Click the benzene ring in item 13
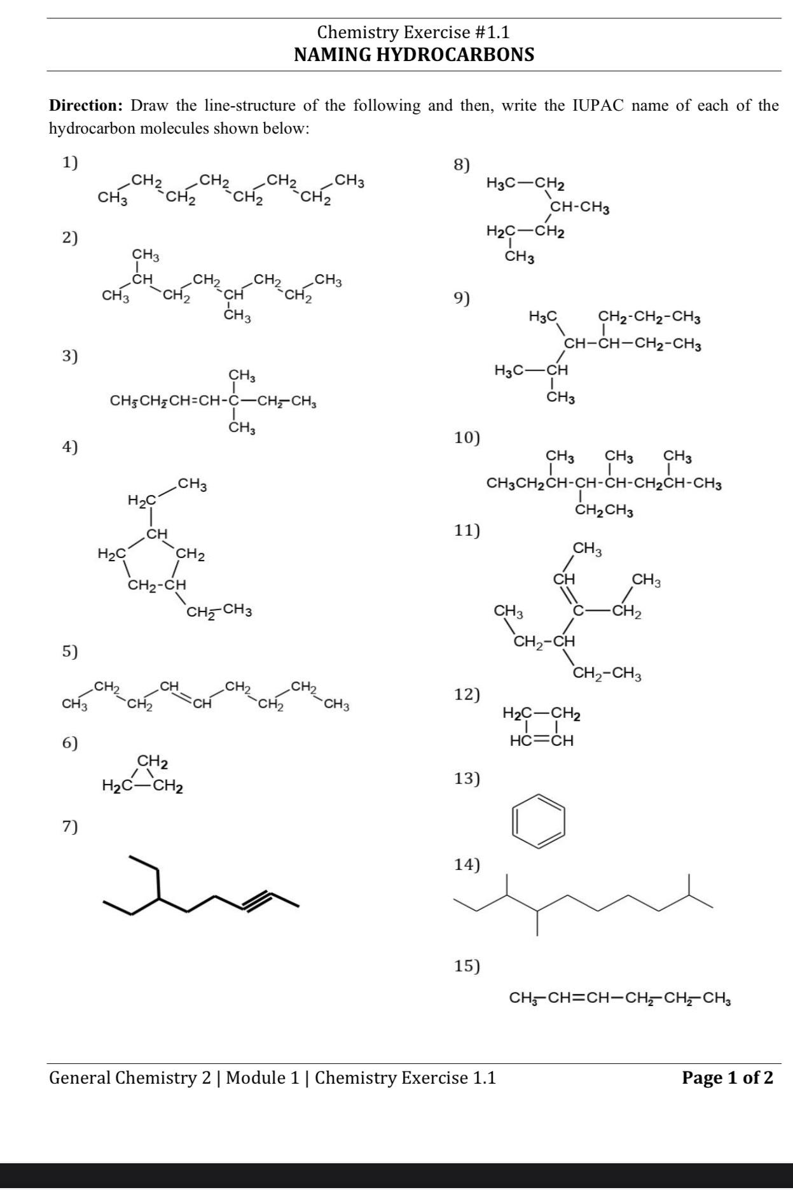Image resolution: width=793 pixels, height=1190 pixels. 539,821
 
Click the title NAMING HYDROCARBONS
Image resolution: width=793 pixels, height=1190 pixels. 414,55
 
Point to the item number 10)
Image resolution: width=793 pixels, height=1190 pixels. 467,438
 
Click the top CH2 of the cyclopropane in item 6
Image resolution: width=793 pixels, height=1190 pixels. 153,760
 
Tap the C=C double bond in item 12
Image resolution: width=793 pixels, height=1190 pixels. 542,741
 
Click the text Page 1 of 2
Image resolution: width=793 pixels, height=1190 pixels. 727,1077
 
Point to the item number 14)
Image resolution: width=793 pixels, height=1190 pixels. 467,864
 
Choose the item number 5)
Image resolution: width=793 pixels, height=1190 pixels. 70,651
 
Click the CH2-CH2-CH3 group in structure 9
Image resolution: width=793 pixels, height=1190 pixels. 649,316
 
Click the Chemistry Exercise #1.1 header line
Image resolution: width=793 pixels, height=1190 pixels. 413,32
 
